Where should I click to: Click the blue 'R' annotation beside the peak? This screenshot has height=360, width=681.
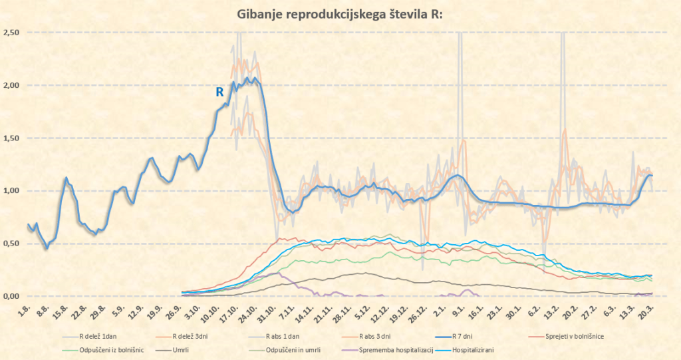click(219, 92)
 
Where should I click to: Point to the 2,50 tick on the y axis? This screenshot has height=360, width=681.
click(13, 33)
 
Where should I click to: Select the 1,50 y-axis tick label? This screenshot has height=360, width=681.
click(13, 138)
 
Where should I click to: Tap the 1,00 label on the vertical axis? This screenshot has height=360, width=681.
click(13, 191)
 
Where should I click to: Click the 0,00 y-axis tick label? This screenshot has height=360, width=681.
click(13, 296)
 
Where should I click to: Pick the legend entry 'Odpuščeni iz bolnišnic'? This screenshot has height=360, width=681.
click(101, 349)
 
